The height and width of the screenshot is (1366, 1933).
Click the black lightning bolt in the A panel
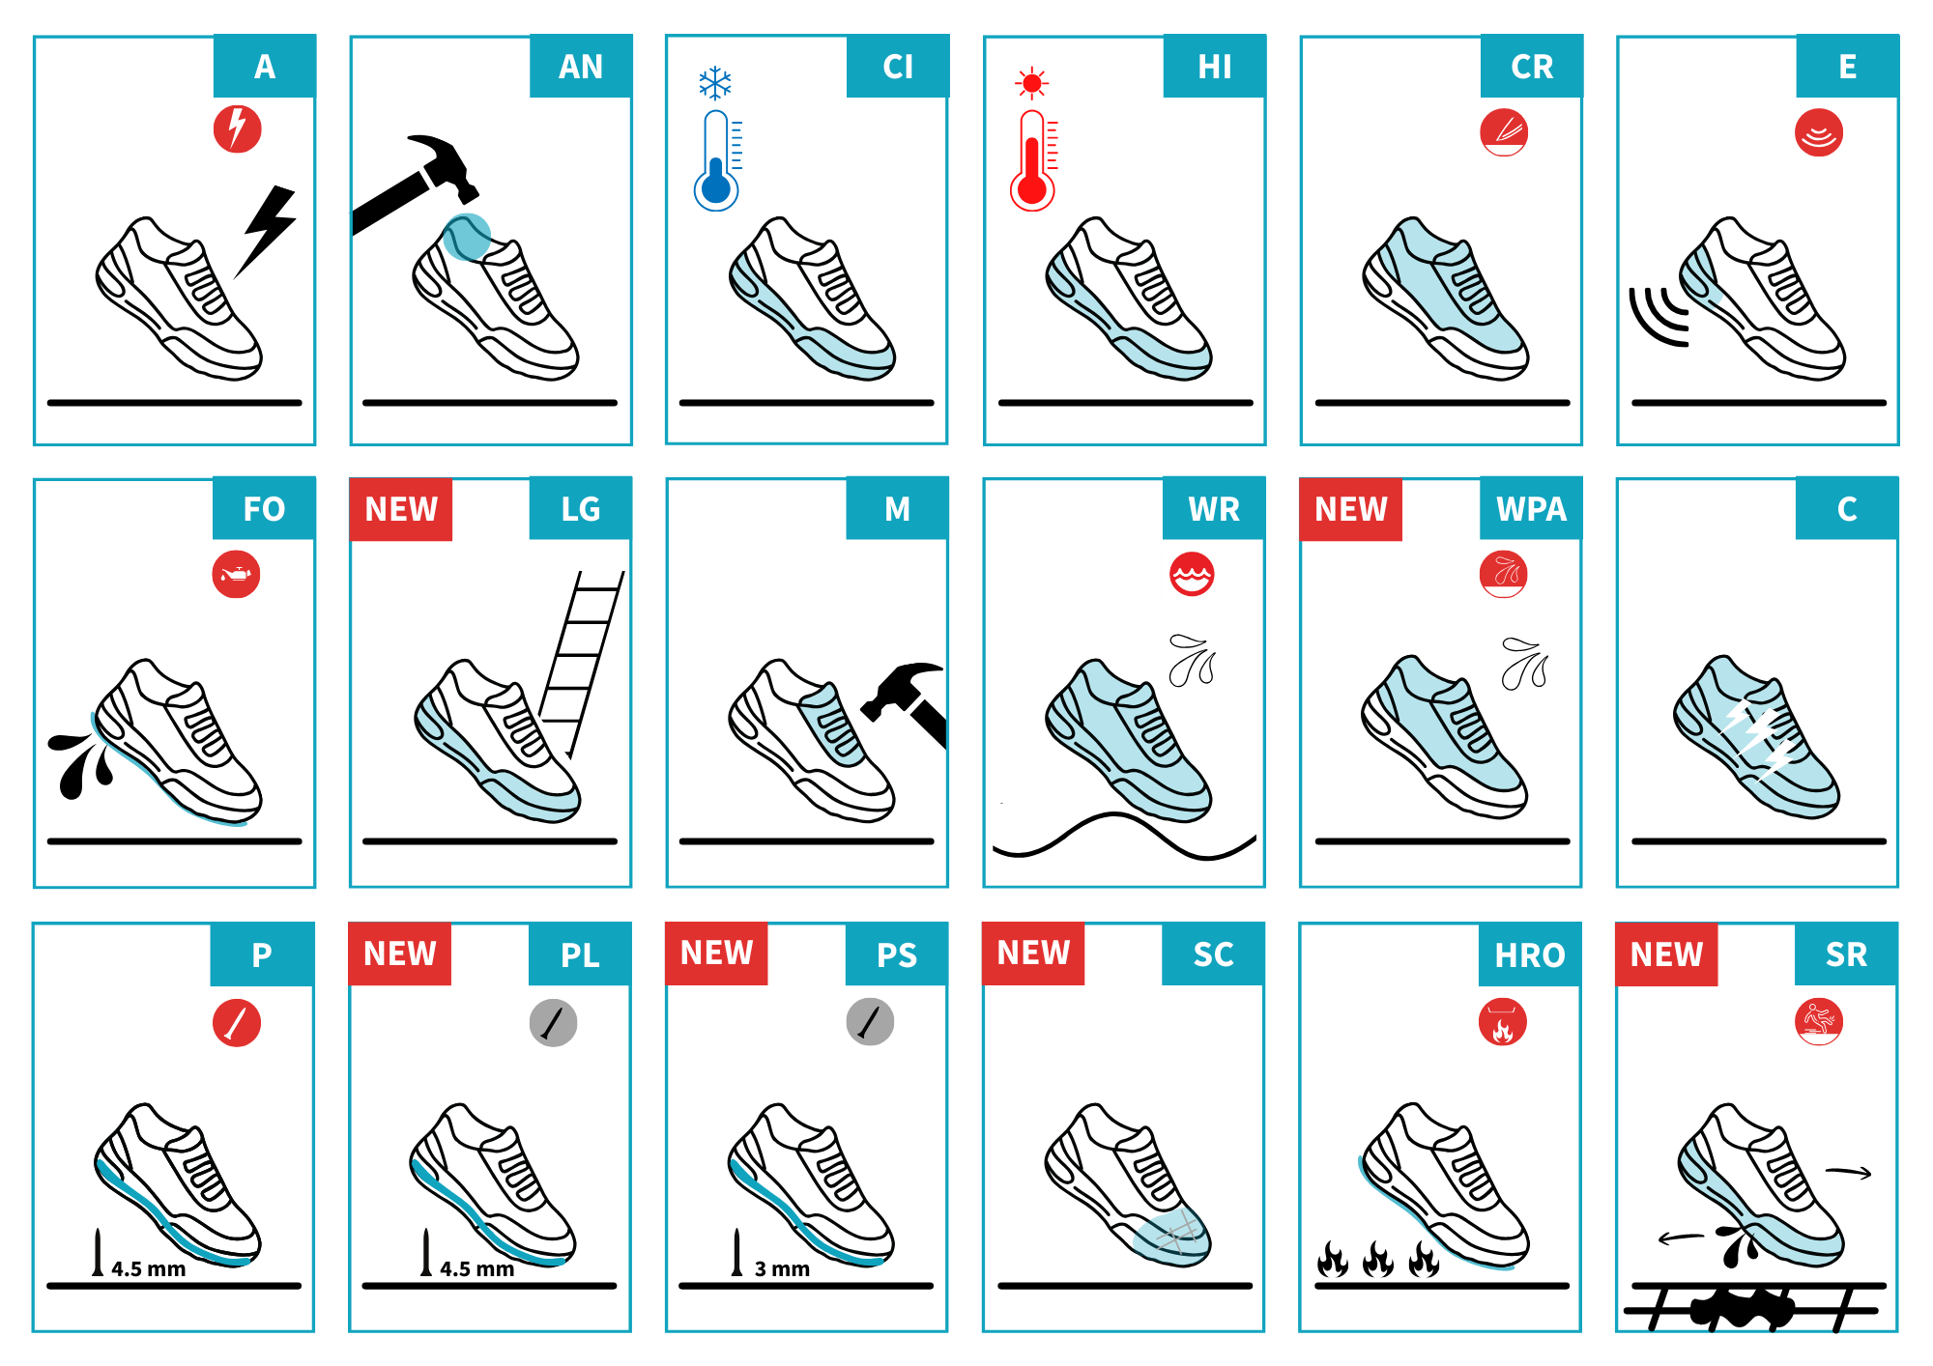[267, 230]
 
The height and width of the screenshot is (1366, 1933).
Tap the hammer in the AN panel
[416, 184]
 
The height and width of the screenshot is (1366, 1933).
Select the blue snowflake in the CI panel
[715, 84]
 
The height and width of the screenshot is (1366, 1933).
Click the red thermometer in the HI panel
[1033, 160]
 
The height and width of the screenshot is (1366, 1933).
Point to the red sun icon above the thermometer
[1032, 84]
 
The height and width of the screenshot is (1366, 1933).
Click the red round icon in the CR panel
[1504, 132]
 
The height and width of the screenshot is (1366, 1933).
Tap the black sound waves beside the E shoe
[1659, 316]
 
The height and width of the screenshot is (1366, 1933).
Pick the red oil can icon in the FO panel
[237, 575]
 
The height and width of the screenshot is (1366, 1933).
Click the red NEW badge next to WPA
[1351, 509]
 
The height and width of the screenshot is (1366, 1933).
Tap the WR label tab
[1214, 509]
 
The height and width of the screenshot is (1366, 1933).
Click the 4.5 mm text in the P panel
[148, 1269]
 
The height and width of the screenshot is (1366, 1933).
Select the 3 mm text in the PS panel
[782, 1269]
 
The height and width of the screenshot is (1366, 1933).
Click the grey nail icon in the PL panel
[554, 1023]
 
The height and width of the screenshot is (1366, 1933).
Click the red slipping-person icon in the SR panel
[1819, 1022]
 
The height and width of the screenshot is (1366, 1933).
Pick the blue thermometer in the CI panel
[716, 160]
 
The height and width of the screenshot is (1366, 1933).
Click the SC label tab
[1213, 954]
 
